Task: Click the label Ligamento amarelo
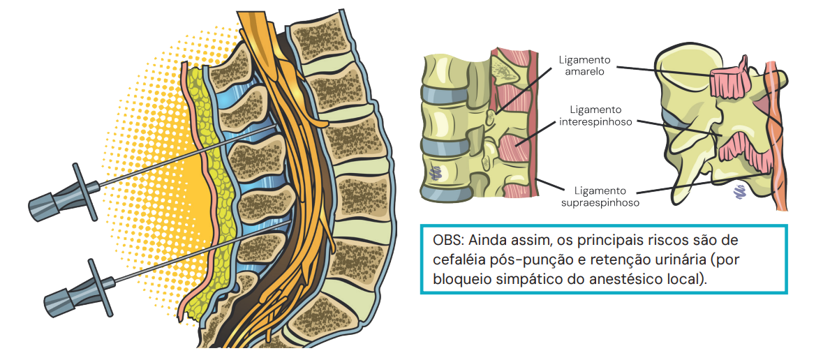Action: click(x=585, y=65)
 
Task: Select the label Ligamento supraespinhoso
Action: click(x=600, y=196)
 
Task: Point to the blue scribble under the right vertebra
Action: click(x=739, y=191)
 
